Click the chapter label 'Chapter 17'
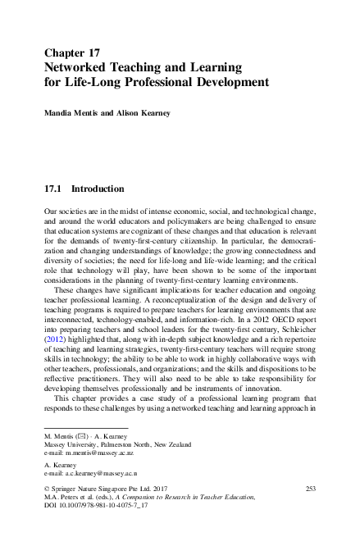pos(76,52)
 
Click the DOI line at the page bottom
pos(97,507)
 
